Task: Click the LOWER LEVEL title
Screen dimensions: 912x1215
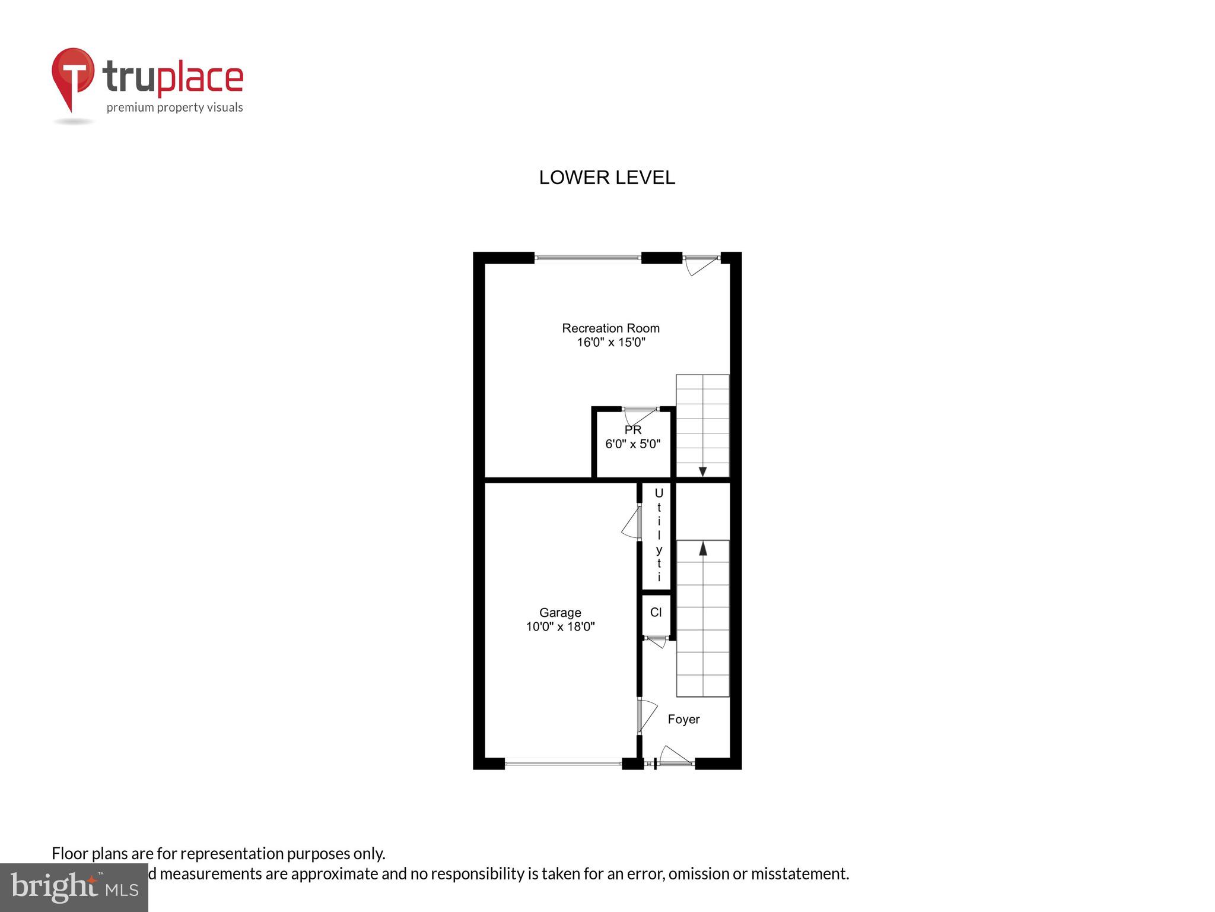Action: [x=606, y=178]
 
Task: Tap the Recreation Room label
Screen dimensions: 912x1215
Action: [x=610, y=328]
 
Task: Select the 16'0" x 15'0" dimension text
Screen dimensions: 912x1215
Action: [x=610, y=342]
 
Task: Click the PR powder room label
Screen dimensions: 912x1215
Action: [x=632, y=429]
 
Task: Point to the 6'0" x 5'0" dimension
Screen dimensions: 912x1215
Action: [x=632, y=444]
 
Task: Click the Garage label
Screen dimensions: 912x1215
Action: [x=559, y=612]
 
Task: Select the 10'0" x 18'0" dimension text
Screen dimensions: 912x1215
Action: [x=559, y=626]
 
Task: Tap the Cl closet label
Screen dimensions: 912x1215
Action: [x=656, y=612]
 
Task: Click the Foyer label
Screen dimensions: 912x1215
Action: [x=683, y=719]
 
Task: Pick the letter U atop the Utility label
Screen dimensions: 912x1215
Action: [x=659, y=493]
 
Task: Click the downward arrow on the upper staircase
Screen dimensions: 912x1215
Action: [x=702, y=471]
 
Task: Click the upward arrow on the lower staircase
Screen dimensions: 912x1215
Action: [x=703, y=548]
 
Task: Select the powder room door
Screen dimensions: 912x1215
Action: [x=641, y=414]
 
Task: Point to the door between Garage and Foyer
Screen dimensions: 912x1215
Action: [x=646, y=715]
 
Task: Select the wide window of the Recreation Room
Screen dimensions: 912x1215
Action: [x=587, y=258]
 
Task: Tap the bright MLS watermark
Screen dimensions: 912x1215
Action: [x=74, y=887]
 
